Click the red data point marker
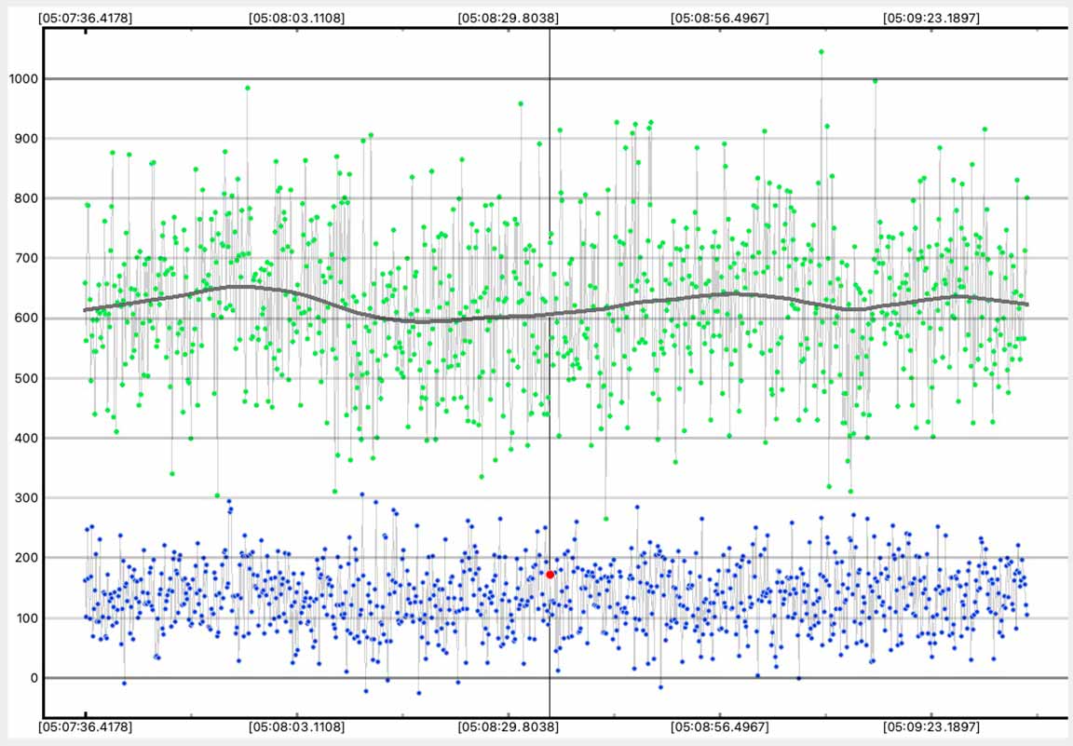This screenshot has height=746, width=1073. pos(550,575)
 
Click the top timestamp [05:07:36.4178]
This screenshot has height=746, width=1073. pos(86,17)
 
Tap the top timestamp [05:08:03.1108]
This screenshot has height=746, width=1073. pos(297,17)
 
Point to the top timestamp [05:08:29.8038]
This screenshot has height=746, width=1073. pos(509,17)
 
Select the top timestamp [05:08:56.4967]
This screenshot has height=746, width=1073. pos(721,17)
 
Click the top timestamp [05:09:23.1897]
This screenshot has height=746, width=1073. pos(931,17)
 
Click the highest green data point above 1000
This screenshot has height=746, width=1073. pos(821,52)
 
